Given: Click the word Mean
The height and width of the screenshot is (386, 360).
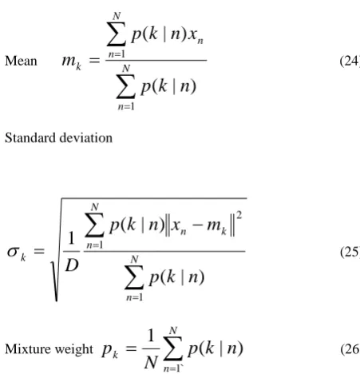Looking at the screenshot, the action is point(21,61).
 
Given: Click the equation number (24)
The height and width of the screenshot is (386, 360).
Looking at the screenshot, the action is point(350,61).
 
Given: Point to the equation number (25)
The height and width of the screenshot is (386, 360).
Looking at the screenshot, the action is point(350,252).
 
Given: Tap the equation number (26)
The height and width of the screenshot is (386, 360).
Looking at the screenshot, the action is point(350,349).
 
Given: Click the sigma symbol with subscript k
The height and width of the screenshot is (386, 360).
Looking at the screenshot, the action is point(17,253).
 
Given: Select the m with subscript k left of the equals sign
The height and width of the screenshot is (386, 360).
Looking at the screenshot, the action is point(72,62).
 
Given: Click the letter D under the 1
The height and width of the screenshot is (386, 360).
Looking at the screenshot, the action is point(72,265).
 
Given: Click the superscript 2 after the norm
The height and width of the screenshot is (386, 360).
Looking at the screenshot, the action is point(239,215).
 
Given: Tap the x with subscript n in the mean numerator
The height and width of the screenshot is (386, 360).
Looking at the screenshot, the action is point(196,37).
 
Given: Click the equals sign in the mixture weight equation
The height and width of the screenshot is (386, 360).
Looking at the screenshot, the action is point(131,348).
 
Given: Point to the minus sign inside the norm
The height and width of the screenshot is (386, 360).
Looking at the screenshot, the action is point(197,225).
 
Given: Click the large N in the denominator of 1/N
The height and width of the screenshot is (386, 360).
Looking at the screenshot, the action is point(151,363).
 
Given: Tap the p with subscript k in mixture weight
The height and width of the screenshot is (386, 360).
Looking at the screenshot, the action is point(110,351).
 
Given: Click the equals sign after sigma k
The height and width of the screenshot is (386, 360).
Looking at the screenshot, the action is point(39,251).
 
